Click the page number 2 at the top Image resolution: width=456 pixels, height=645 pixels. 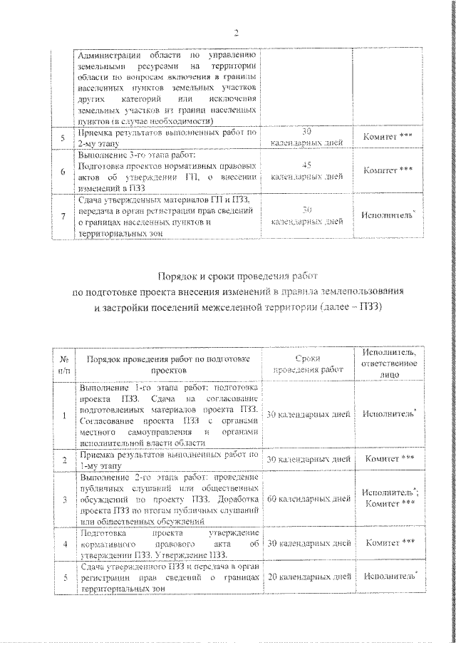tap(235, 31)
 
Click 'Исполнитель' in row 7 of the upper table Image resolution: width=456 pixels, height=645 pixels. tap(388, 215)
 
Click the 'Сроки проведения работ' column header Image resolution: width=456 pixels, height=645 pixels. tap(307, 363)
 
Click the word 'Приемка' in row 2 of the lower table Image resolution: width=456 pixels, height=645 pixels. tap(100, 454)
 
